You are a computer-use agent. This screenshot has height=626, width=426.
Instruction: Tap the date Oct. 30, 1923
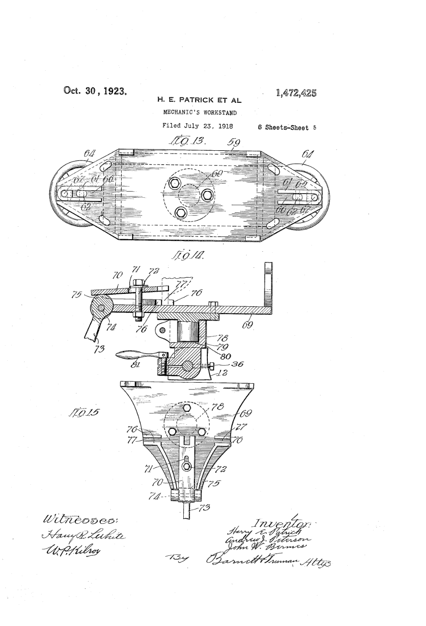tap(96, 91)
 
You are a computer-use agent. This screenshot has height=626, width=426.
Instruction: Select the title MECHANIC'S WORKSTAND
tap(199, 113)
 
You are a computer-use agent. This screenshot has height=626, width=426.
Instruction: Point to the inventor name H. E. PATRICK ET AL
tap(199, 100)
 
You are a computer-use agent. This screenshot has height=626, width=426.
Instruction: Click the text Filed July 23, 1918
tap(198, 126)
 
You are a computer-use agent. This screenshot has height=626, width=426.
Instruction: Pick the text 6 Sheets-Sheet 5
tap(287, 127)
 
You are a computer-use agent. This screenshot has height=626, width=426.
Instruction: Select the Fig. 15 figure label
tap(84, 412)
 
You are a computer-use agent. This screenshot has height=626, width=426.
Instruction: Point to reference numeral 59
tap(233, 143)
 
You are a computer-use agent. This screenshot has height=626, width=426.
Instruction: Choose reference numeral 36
tap(237, 364)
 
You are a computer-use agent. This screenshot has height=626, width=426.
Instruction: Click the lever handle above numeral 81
tap(135, 355)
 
